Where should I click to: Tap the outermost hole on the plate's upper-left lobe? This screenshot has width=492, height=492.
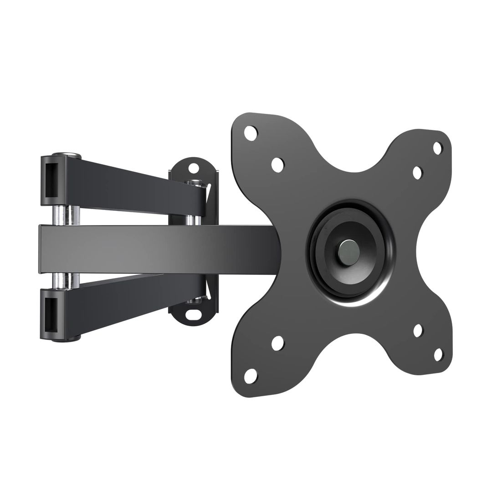(x=251, y=133)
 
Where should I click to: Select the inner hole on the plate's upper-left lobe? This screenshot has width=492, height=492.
(x=277, y=164)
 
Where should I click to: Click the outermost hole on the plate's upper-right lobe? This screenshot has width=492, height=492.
(x=437, y=148)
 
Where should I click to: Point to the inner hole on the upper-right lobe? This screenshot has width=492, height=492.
(x=417, y=173)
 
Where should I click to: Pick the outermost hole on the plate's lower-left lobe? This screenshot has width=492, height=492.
(x=251, y=376)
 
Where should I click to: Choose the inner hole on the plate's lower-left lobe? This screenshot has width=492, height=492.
(x=277, y=343)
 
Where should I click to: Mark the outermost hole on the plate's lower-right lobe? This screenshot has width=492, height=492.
(x=438, y=354)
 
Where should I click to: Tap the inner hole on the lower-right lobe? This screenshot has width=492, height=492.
(x=418, y=330)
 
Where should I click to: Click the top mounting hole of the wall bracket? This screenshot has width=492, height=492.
(x=194, y=168)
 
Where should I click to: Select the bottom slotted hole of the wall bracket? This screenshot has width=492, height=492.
(x=194, y=314)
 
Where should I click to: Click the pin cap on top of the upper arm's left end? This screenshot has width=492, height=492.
(x=67, y=156)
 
